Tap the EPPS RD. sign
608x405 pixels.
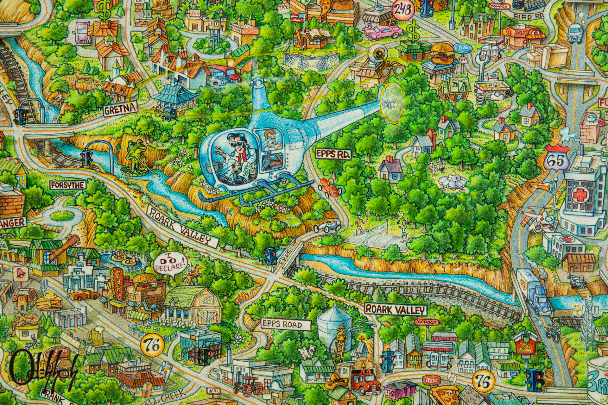[x=329, y=153]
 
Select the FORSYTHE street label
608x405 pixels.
[x=68, y=185]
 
